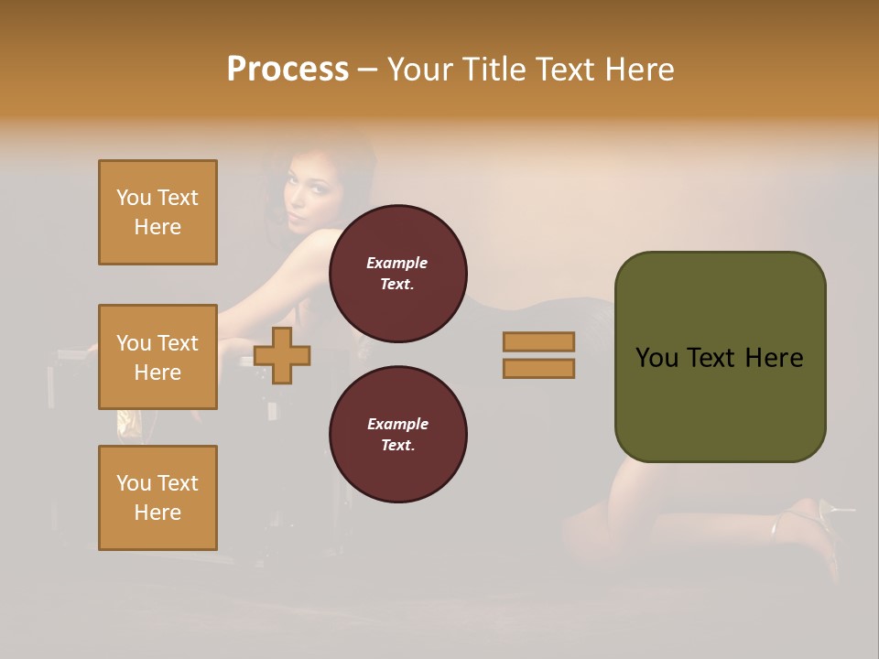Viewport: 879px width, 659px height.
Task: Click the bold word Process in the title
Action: pos(288,70)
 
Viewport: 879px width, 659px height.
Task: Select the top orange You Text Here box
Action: pos(157,212)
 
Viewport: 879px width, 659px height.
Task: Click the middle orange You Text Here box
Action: pos(157,357)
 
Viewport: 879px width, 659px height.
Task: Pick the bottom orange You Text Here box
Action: pos(157,498)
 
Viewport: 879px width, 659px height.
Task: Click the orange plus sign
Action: pos(282,355)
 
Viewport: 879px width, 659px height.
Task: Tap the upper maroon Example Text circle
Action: pos(397,273)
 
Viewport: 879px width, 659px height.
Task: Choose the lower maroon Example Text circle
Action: pos(397,434)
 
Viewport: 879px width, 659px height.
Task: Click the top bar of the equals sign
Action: pos(538,341)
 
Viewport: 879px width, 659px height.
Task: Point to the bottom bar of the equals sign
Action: pos(538,368)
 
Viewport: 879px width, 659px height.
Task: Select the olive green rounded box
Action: pos(720,357)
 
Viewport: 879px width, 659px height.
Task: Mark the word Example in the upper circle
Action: pos(397,263)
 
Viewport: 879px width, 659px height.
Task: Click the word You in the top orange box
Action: pos(134,198)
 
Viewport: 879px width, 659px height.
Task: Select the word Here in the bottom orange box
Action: pos(157,513)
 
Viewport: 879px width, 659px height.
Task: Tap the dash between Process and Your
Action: pos(368,70)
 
